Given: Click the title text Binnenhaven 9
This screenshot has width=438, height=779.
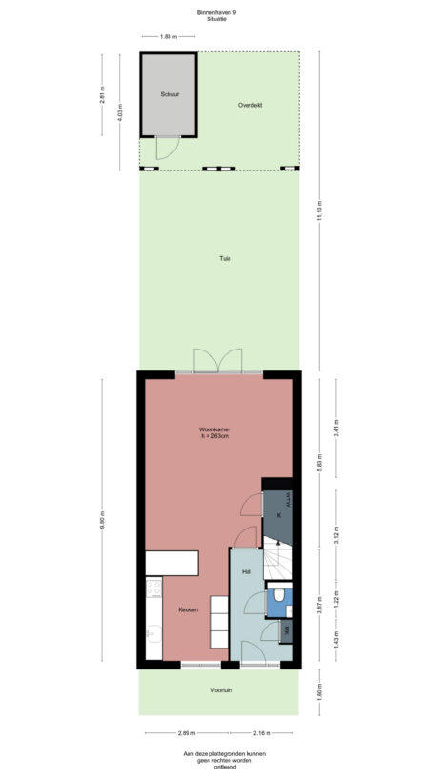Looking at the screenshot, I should [x=219, y=13].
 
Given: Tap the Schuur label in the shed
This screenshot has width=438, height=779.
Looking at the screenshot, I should [x=169, y=94].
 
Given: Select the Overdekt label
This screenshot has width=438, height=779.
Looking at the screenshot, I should [x=250, y=104].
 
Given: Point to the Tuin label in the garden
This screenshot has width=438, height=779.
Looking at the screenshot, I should [x=225, y=258].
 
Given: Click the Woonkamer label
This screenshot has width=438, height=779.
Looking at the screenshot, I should [x=215, y=430].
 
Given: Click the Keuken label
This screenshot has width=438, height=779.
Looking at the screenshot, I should [x=187, y=609].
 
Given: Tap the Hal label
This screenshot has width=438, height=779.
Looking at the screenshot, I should [x=246, y=571].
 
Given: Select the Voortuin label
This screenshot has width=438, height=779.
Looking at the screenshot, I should [x=225, y=690].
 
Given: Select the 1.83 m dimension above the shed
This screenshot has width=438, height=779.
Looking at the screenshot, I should [x=168, y=36].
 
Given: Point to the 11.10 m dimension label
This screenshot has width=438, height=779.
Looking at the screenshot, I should [x=319, y=209].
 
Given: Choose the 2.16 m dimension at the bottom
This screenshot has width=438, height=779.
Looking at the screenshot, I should [x=262, y=733].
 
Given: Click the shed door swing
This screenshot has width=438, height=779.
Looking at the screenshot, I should [x=166, y=149].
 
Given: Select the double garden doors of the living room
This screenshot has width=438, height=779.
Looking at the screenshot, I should [x=218, y=361].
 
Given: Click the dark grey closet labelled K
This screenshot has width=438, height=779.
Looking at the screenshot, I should [x=278, y=514].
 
